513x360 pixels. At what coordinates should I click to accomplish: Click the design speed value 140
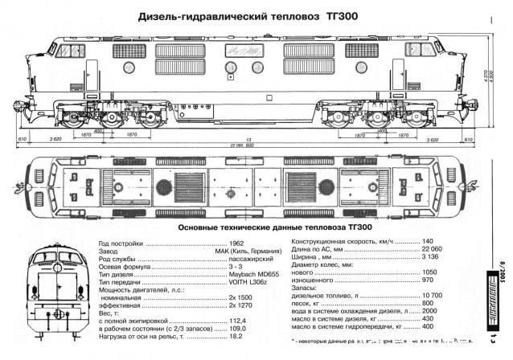pyautogui.click(x=427, y=243)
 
